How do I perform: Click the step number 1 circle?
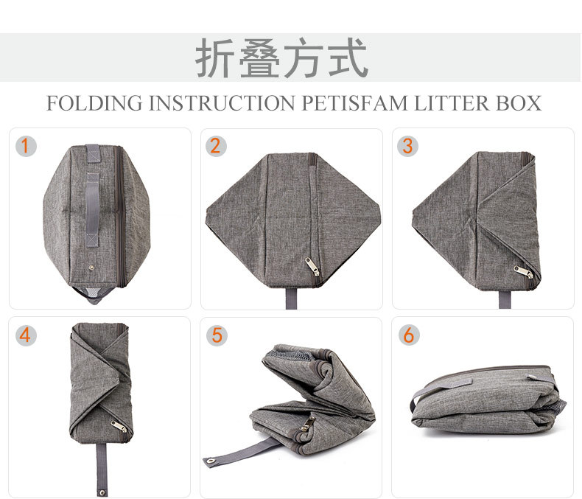[25, 145]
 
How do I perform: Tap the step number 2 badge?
[215, 145]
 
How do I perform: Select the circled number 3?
[407, 145]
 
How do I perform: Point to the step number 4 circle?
[25, 335]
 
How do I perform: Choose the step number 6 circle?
[407, 335]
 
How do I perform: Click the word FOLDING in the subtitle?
[94, 103]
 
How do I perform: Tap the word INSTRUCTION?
[223, 103]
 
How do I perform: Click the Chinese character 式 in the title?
[346, 59]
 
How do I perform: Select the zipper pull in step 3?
[524, 271]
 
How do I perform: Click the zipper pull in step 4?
[118, 427]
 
